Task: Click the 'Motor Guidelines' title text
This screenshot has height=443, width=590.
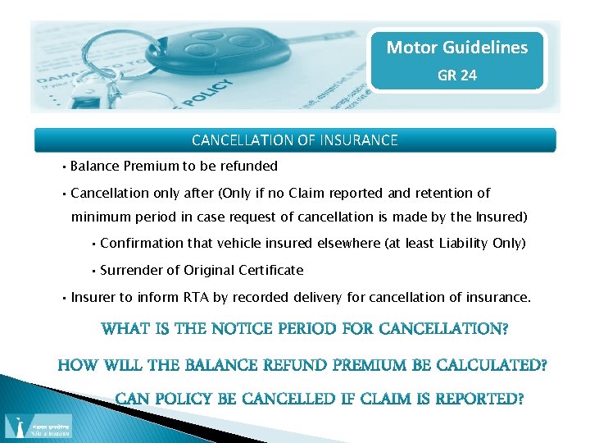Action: pyautogui.click(x=457, y=48)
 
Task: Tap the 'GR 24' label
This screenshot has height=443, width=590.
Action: pyautogui.click(x=457, y=75)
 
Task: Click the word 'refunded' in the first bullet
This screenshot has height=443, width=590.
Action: pyautogui.click(x=251, y=166)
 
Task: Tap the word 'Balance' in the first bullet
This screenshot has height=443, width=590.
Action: pyautogui.click(x=95, y=166)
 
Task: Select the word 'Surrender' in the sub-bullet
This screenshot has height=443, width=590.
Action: pyautogui.click(x=130, y=270)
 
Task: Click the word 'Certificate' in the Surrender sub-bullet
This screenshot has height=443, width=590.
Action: pyautogui.click(x=270, y=270)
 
